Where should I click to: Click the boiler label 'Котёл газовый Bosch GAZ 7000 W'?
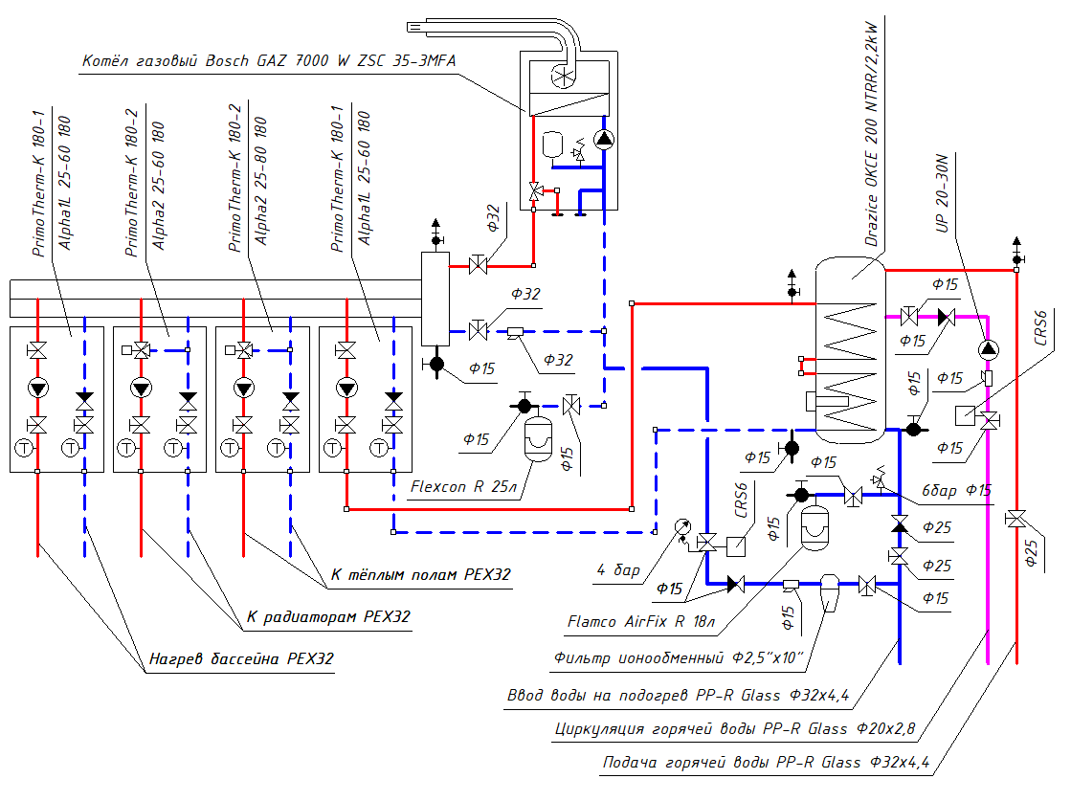click(x=269, y=60)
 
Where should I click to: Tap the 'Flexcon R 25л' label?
click(x=463, y=487)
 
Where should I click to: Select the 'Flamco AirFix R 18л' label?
click(x=640, y=621)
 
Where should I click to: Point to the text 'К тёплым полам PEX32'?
click(x=420, y=575)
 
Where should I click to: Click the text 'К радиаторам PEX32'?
click(x=328, y=617)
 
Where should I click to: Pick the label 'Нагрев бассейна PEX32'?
click(x=241, y=659)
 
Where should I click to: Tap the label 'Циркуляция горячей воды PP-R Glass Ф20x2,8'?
click(x=734, y=729)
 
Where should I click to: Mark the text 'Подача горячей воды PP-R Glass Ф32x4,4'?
click(x=766, y=764)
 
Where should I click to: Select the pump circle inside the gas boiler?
click(x=604, y=140)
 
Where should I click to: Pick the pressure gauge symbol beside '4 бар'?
click(x=682, y=525)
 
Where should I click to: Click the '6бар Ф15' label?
click(x=958, y=490)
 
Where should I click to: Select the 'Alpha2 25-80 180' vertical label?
click(x=261, y=183)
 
